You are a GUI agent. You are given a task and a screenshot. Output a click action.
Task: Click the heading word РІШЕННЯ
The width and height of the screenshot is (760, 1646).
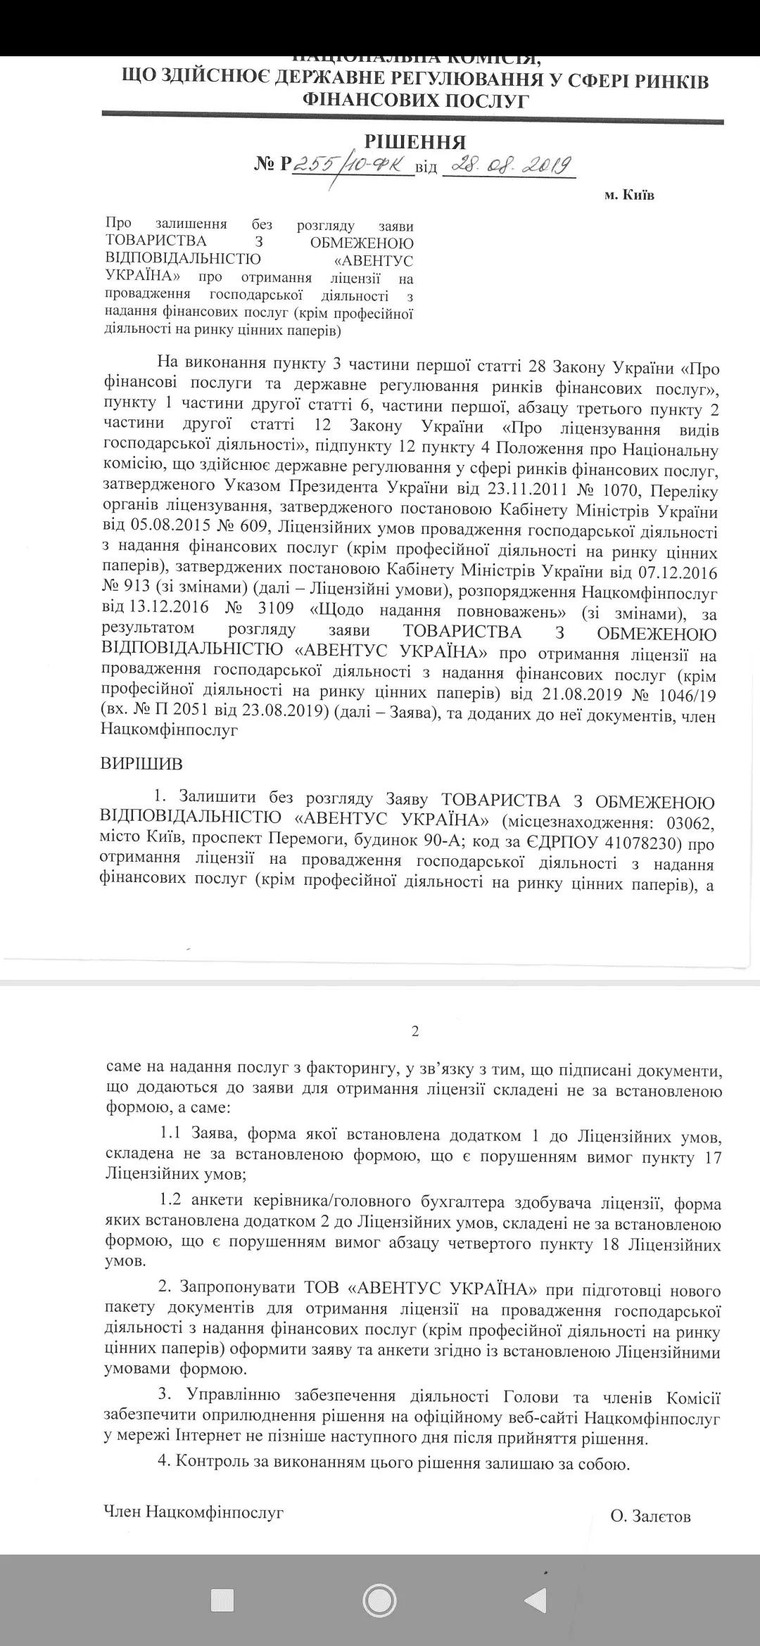[414, 142]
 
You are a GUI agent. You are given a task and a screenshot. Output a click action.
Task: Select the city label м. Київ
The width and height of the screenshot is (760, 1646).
[629, 195]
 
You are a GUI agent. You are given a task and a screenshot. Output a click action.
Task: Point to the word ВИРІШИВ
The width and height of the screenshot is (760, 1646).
[141, 763]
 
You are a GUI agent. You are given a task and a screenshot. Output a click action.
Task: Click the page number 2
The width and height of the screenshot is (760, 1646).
[415, 1031]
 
